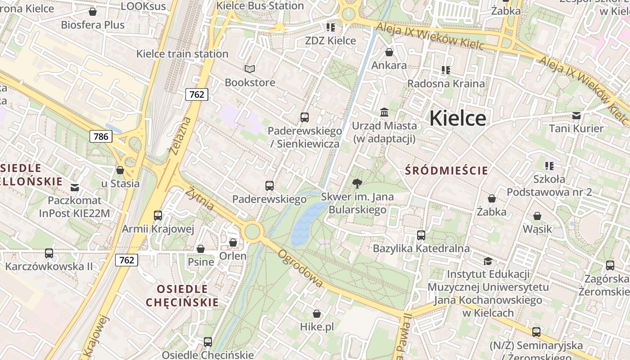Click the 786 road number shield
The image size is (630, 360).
tap(100, 136)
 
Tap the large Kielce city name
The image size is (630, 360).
tap(457, 118)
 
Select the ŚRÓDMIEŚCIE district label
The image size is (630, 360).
tap(446, 171)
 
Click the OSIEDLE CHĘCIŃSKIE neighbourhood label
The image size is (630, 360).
tap(182, 296)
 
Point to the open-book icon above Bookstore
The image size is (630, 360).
tap(250, 69)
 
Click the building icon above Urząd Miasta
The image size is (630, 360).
tap(384, 112)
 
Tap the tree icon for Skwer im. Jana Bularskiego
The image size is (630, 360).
tap(357, 183)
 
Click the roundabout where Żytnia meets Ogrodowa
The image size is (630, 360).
tap(252, 232)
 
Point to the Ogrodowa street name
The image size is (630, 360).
tap(300, 269)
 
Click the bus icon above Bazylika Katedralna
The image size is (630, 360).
tap(421, 235)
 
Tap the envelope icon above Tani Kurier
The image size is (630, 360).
tap(576, 115)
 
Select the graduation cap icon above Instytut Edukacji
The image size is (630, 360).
tap(488, 261)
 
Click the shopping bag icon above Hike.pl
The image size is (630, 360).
tap(317, 314)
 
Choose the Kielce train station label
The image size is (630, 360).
tap(182, 54)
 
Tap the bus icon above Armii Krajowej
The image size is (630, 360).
tap(158, 215)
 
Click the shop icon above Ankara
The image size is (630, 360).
tap(389, 52)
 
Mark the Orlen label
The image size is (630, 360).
tap(233, 256)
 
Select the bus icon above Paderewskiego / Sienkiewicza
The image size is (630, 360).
tap(305, 117)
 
